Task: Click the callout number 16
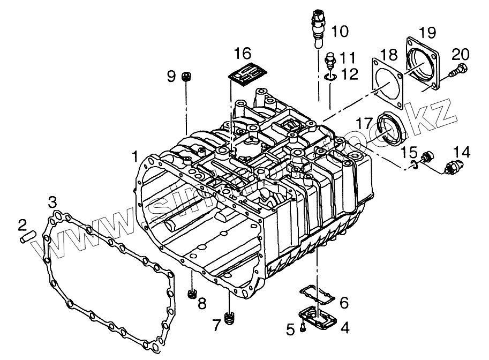click(242, 54)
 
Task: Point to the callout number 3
click(52, 203)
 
